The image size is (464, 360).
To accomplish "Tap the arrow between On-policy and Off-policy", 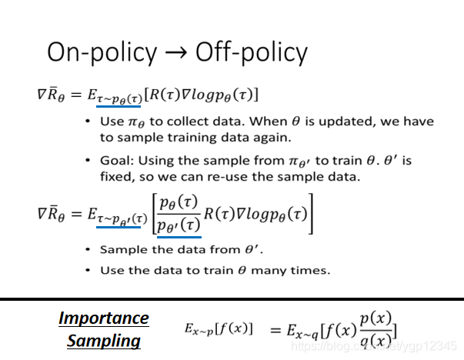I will [x=175, y=52].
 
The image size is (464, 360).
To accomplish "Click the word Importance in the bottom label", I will [x=104, y=318].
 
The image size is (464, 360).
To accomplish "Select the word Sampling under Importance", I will [x=104, y=340].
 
